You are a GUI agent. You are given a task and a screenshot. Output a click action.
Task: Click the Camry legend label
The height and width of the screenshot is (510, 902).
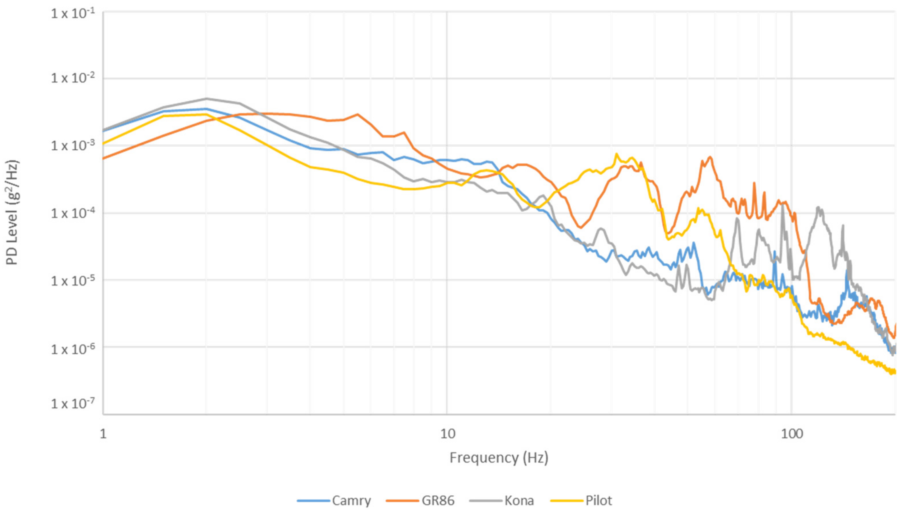tap(351, 501)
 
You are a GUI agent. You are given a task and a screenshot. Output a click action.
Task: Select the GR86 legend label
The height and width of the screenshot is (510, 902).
tap(438, 501)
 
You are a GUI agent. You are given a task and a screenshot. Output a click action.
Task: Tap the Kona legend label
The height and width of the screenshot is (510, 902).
tap(519, 501)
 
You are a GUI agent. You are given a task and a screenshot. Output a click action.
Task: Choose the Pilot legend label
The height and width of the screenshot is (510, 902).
tap(599, 501)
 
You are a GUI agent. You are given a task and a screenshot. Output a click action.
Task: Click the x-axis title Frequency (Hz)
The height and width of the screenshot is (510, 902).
tap(499, 458)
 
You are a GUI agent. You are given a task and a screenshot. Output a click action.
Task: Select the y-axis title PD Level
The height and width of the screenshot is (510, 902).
tap(13, 213)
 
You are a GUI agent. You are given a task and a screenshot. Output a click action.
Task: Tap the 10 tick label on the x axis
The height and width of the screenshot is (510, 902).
tap(447, 434)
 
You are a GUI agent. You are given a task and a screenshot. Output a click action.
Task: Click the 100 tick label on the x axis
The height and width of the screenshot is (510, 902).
tap(792, 434)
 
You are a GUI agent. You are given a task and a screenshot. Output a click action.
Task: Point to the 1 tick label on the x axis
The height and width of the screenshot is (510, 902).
tap(103, 434)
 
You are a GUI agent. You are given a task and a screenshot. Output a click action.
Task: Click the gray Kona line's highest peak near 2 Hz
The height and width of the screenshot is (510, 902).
tap(207, 98)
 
